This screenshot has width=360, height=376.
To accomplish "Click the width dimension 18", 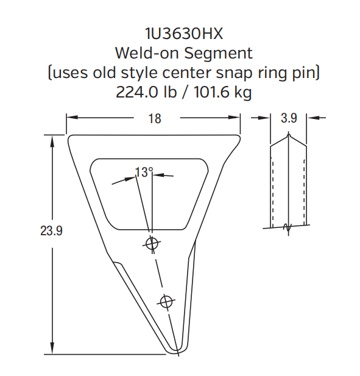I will click(x=155, y=118).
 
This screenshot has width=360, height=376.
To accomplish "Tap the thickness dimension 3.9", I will click(x=289, y=118).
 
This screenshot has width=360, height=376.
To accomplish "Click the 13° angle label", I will click(x=144, y=172).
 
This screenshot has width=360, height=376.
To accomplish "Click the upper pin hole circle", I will click(x=152, y=244).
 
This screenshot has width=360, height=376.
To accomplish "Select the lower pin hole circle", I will click(x=166, y=300).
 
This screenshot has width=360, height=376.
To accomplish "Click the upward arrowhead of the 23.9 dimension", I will click(x=53, y=138).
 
